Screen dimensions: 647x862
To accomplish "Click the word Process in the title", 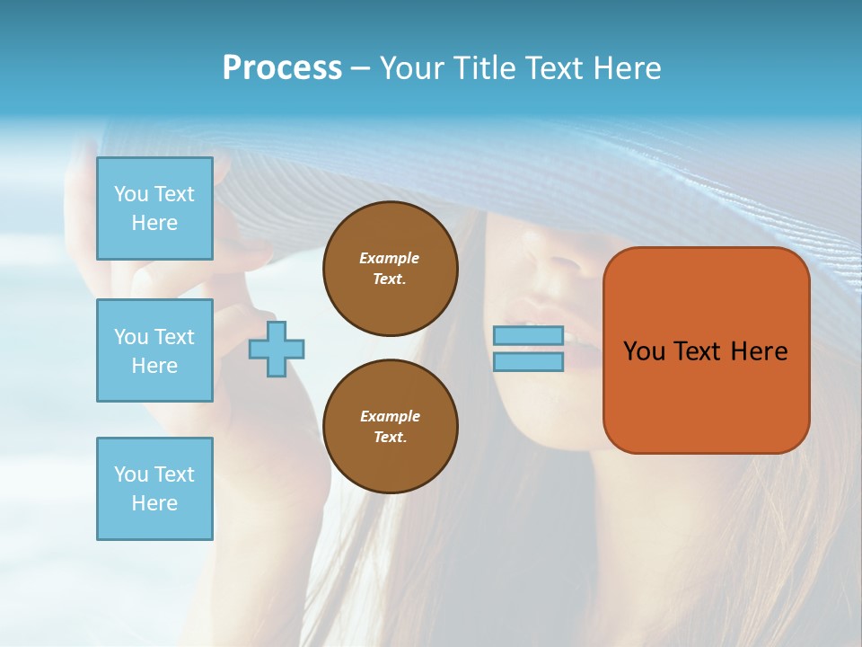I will point(282,68).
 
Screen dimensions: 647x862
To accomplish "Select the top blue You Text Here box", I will point(154,208).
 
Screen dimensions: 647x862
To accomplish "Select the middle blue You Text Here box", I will point(154,350).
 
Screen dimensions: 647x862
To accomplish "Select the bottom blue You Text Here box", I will point(154,489).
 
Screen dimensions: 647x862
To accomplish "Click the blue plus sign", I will point(277,348).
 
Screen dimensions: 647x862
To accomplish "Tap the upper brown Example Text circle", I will point(391,269).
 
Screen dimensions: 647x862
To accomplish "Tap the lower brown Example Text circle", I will point(391,427).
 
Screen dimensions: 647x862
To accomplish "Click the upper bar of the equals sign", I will point(528,335).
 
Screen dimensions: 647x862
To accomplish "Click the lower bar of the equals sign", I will point(528,361).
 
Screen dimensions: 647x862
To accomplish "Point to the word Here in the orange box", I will point(759,351).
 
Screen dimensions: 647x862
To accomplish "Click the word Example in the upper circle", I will point(390,258).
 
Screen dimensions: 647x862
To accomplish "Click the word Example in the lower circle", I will point(390,416).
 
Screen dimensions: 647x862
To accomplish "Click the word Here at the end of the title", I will point(625,68).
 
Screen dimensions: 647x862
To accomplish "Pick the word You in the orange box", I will point(645,351).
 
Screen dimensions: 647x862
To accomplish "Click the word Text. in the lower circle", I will point(390,438).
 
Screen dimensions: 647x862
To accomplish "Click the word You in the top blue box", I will point(131,194).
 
